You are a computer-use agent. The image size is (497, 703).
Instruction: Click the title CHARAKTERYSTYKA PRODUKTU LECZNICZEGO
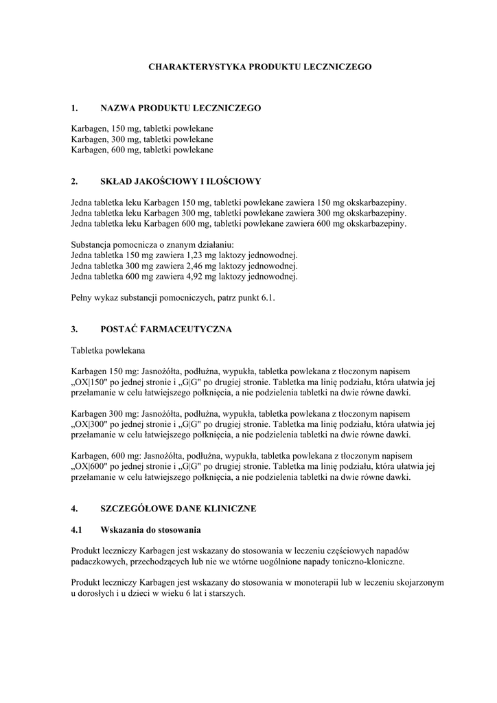(260, 67)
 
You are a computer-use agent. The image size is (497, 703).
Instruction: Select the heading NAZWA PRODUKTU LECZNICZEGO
(180, 108)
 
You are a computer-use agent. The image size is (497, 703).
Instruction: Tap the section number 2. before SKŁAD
(74, 182)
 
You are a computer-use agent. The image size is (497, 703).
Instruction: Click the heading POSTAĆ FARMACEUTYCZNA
(166, 329)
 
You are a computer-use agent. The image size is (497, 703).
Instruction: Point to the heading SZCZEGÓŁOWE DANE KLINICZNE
(178, 509)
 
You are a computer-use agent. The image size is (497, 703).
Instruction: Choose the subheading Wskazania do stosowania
(150, 530)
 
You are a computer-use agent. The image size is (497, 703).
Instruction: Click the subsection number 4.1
(77, 530)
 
